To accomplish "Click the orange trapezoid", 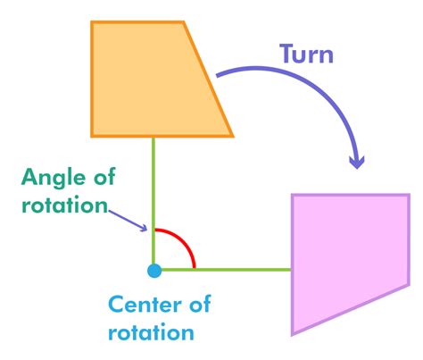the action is point(154,80).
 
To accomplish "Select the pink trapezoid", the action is point(348,256).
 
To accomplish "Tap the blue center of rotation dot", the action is point(154,271).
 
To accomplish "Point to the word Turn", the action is point(306,54).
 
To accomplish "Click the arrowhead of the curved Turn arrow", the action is point(357,163).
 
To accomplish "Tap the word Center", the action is point(145,305).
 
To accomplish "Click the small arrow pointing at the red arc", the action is point(128,221).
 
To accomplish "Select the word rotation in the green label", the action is point(64,205).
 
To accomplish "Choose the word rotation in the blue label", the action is point(151,331).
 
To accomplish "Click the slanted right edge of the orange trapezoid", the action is point(208,80).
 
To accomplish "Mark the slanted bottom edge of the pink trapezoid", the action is point(351,310).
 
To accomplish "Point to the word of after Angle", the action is point(104,177).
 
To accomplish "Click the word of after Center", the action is point(200,304).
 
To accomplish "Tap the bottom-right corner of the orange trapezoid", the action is point(233,137).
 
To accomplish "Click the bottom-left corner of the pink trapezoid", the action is point(292,335).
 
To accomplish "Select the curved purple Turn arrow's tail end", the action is point(218,75).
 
